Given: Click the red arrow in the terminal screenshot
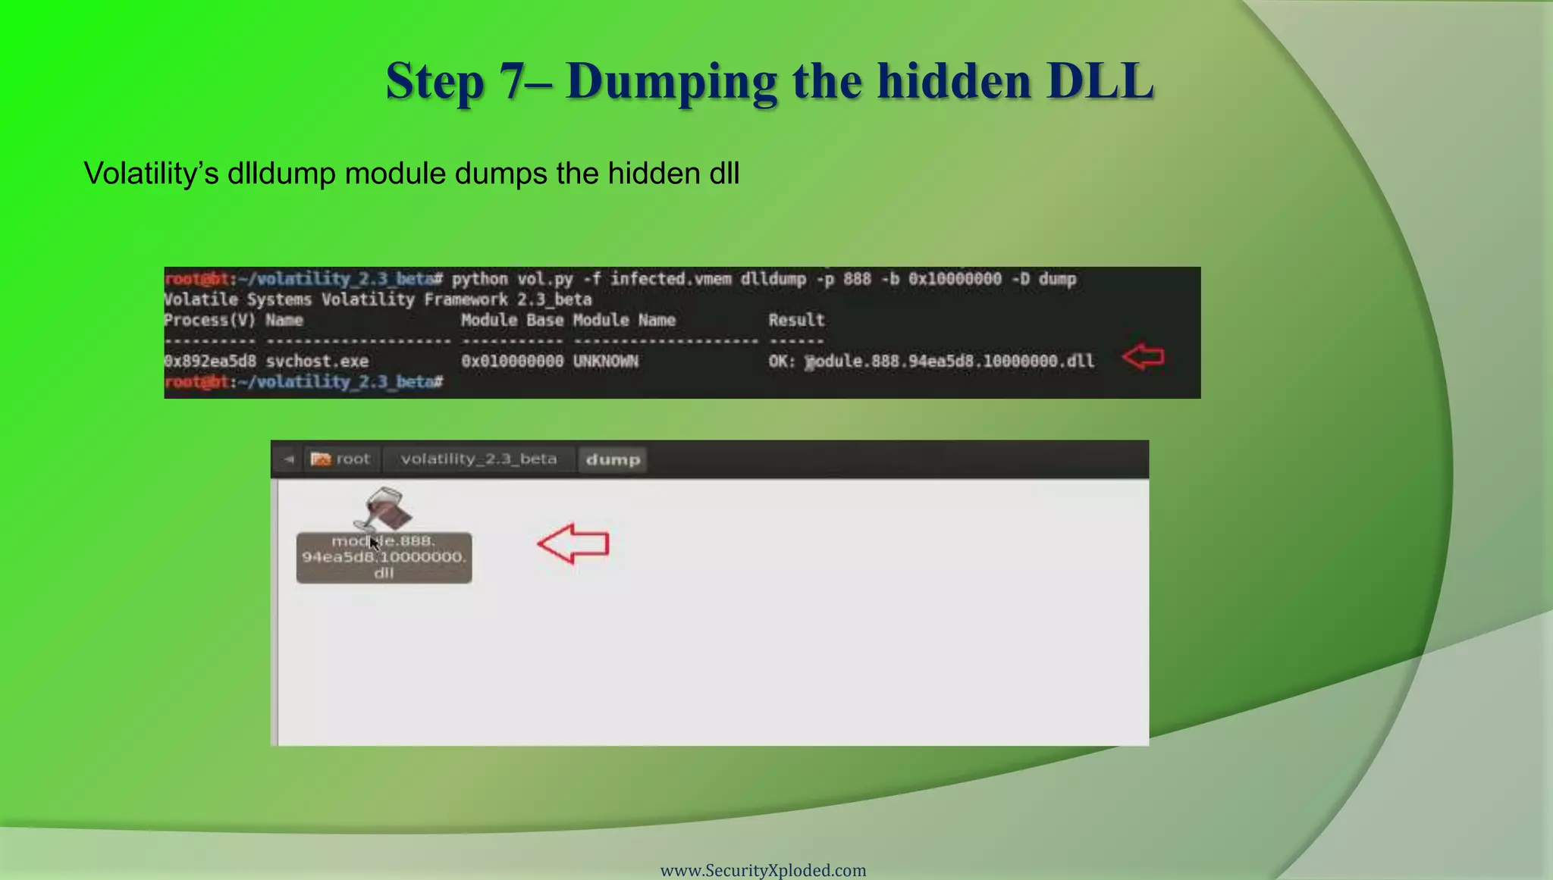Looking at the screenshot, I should click(x=1144, y=356).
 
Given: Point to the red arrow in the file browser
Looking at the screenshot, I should click(x=573, y=543).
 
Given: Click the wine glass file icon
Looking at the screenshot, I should click(x=384, y=508).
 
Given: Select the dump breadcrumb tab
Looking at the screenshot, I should click(x=613, y=459).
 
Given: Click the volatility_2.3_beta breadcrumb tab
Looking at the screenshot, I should click(x=478, y=459).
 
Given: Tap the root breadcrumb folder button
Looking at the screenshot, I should click(x=341, y=459).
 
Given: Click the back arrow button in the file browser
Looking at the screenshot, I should click(x=288, y=459).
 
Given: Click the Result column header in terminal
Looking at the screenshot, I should click(x=796, y=320).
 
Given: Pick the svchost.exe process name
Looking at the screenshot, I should click(x=317, y=362).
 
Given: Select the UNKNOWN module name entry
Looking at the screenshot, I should click(x=605, y=362).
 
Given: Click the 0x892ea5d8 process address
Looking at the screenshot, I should click(x=210, y=362).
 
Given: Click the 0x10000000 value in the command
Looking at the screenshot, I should click(x=955, y=279).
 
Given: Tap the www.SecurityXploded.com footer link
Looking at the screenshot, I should click(x=763, y=870).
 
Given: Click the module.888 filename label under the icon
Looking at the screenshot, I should click(x=384, y=557).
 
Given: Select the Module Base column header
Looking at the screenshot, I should click(x=512, y=320).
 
